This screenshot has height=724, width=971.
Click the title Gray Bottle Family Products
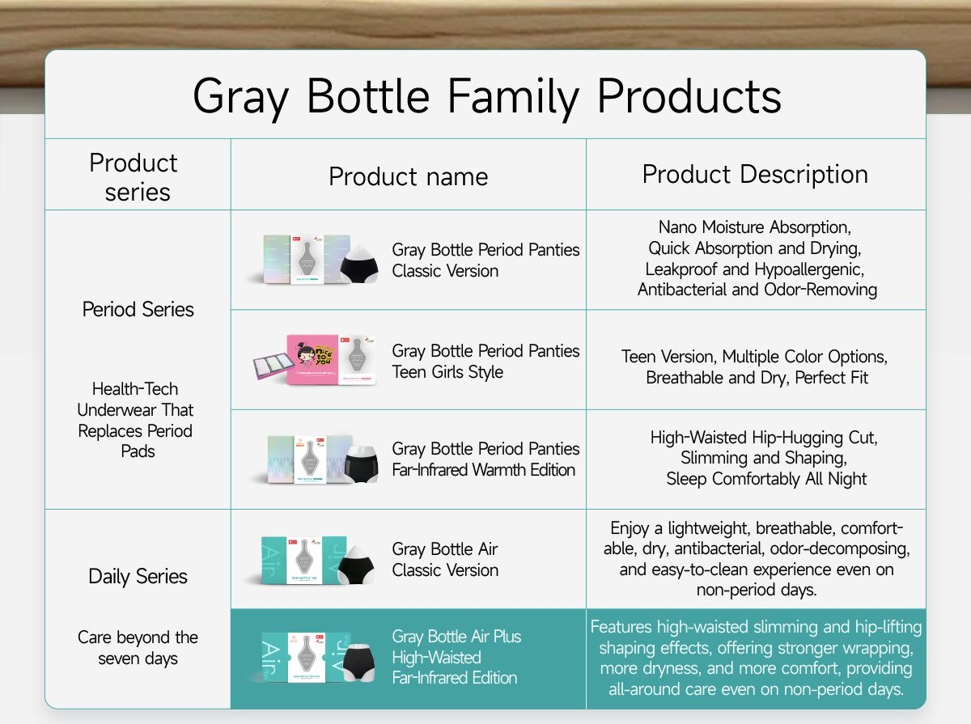[x=487, y=97]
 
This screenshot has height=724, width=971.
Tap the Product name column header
[x=409, y=176]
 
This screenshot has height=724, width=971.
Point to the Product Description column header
[x=755, y=174]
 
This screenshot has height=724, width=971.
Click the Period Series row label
[x=138, y=309]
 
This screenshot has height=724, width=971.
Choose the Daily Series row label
[x=138, y=577]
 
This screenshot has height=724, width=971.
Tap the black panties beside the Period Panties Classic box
[x=359, y=265]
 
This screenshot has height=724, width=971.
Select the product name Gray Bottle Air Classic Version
[x=445, y=560]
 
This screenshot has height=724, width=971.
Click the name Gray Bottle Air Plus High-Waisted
[x=456, y=647]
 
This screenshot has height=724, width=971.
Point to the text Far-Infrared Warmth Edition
[x=484, y=470]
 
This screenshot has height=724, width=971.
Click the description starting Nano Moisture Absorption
[x=757, y=258]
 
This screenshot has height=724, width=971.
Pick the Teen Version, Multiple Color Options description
[x=755, y=367]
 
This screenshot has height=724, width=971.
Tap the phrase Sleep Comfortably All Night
[x=766, y=479]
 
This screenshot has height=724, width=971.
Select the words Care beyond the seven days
[x=138, y=648]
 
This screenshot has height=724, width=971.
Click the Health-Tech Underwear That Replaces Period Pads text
[x=135, y=420]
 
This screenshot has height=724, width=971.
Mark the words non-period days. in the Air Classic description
[x=757, y=590]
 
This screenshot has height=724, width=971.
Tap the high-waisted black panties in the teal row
[x=359, y=663]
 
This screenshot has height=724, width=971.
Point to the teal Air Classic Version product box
[x=304, y=561]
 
